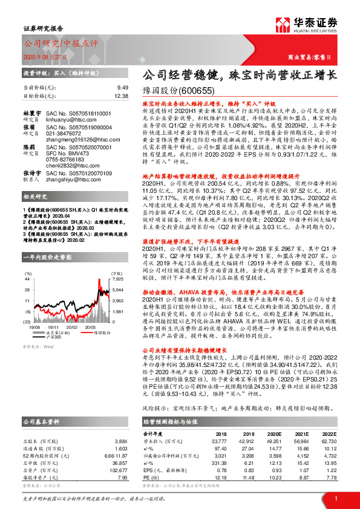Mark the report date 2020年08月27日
[x=44, y=56]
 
